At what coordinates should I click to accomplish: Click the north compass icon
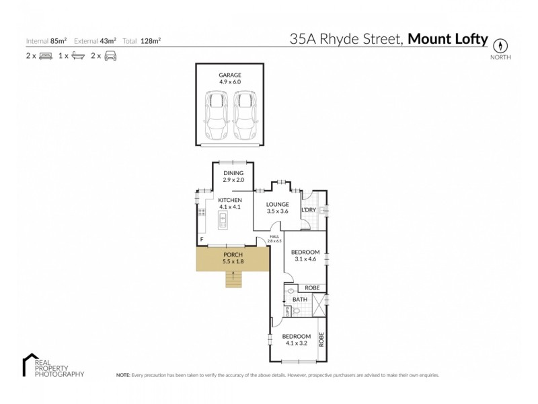click(x=500, y=45)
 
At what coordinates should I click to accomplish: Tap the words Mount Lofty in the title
click(x=448, y=40)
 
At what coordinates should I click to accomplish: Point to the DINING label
click(x=233, y=173)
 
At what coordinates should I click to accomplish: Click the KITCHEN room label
click(x=229, y=200)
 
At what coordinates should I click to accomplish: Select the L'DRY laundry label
click(x=309, y=210)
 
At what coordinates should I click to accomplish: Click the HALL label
click(x=274, y=236)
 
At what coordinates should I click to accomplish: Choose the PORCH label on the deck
click(x=233, y=255)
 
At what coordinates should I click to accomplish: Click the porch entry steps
click(x=233, y=278)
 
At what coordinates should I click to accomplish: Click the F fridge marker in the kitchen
click(x=201, y=240)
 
